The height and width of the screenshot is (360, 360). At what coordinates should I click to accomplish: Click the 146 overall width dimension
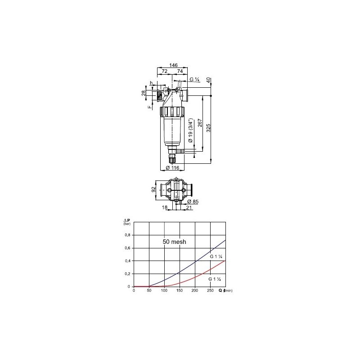click(173, 65)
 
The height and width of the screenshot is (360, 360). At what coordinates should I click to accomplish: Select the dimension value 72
click(164, 72)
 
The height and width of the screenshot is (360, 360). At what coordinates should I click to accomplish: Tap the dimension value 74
click(180, 72)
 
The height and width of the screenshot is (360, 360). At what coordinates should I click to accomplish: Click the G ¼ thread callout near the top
click(194, 80)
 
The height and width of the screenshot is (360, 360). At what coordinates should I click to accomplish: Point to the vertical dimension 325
click(208, 128)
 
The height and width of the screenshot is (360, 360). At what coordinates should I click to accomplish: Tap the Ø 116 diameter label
click(172, 167)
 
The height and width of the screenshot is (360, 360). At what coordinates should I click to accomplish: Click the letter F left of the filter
click(148, 107)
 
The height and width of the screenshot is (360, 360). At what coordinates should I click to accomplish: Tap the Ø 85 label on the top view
click(193, 201)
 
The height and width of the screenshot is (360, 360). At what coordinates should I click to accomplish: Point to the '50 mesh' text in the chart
click(175, 242)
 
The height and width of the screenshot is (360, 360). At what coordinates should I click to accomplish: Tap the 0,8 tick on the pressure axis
click(127, 235)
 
